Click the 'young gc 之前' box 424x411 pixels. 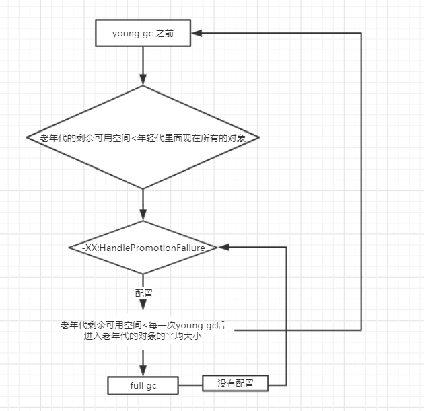point(143,33)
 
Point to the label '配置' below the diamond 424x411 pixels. point(143,294)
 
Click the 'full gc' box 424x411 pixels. point(143,385)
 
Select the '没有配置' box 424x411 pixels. point(236,383)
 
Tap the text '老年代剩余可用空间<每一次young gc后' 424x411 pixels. point(143,326)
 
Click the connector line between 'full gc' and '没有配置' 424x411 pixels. point(190,385)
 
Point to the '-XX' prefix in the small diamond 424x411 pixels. point(88,248)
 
